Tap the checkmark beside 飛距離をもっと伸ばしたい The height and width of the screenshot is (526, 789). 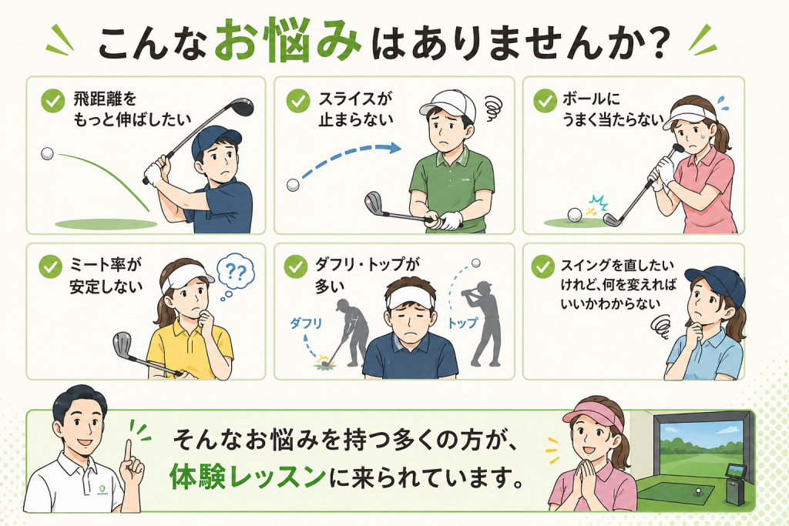[53, 101]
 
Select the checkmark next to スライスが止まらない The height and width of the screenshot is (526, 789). [298, 101]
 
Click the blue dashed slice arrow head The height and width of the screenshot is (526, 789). [395, 148]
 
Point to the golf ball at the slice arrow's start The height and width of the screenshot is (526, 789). [293, 185]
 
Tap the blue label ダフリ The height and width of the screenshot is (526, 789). [305, 323]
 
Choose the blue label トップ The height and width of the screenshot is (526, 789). [462, 323]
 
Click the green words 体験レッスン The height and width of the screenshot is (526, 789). [247, 477]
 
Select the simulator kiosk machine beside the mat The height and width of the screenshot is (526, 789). [734, 484]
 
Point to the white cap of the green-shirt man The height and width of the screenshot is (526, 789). [448, 104]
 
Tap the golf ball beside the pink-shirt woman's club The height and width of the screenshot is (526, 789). [575, 215]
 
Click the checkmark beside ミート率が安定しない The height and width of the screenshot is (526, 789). [50, 266]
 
